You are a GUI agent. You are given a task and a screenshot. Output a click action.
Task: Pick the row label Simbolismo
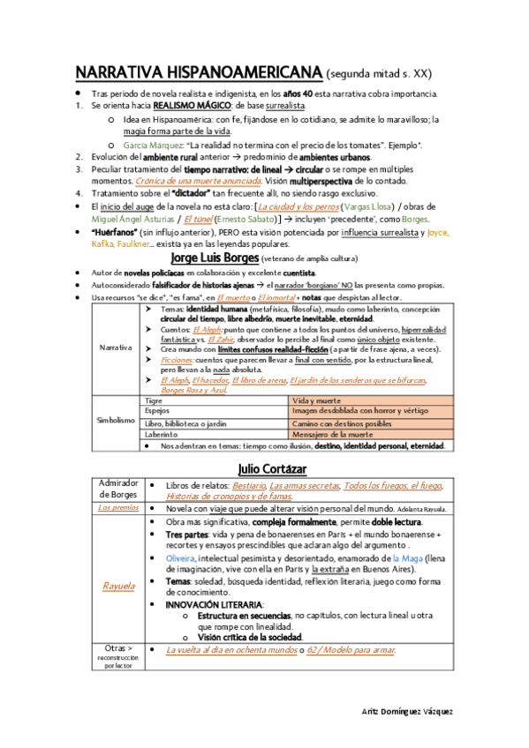pyautogui.click(x=115, y=422)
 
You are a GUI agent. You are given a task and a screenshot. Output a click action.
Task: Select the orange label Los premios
pyautogui.click(x=118, y=509)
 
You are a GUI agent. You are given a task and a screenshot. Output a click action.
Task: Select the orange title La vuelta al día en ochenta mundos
pyautogui.click(x=230, y=650)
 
